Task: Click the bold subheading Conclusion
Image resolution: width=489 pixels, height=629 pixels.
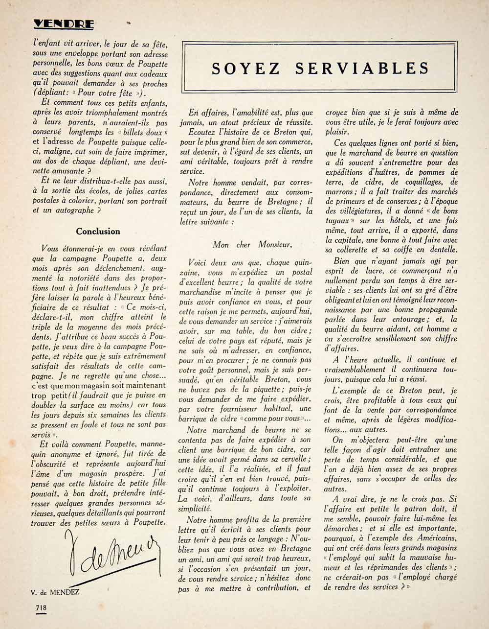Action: pos(98,231)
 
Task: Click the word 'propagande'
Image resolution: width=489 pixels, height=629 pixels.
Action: pos(434,309)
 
